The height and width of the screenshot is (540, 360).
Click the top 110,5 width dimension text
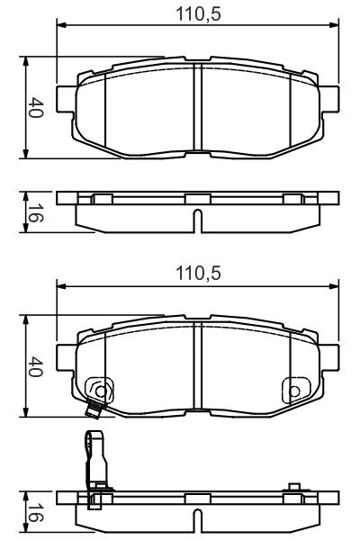coord(197,13)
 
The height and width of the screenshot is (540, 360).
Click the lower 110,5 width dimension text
coord(197,271)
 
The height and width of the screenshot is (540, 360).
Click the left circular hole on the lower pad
coord(102,391)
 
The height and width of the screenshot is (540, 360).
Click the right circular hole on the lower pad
coord(292,391)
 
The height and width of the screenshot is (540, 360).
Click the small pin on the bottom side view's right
coord(292,489)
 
